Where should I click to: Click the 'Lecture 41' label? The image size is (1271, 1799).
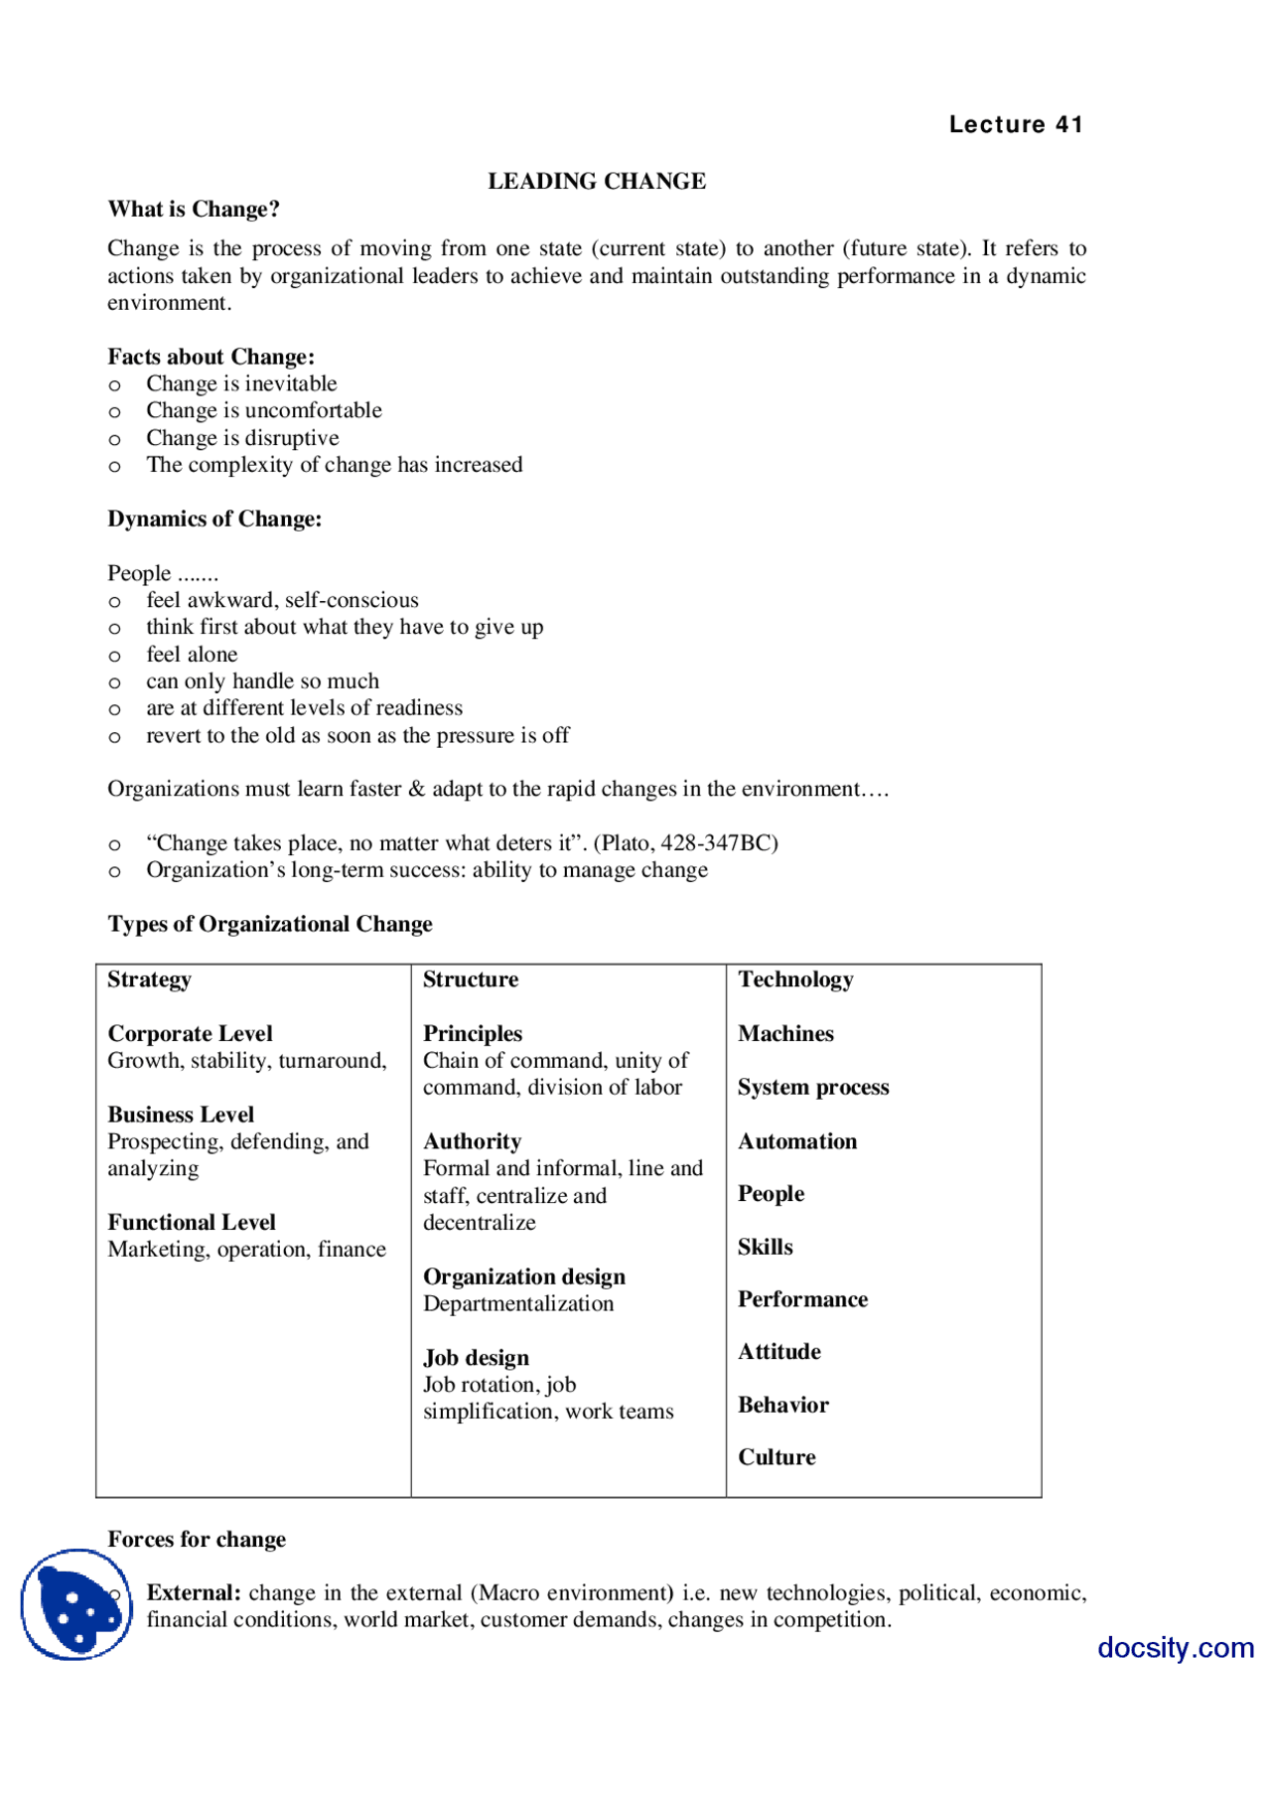1015,124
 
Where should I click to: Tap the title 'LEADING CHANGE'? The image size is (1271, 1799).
597,181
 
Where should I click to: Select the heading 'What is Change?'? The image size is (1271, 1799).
194,209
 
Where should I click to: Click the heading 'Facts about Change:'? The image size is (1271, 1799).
211,357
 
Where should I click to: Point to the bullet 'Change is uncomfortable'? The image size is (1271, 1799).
263,410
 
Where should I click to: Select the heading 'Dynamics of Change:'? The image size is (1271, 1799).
214,519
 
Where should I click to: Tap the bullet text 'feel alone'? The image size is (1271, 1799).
192,655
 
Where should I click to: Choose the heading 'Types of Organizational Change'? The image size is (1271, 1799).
270,924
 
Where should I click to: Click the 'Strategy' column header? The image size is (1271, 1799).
149,979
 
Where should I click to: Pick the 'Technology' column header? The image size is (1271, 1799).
795,979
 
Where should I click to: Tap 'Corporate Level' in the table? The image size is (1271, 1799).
190,1034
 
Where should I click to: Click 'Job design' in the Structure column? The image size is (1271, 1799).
476,1358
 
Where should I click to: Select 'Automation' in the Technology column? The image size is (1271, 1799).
797,1141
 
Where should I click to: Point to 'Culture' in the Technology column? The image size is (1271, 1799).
777,1457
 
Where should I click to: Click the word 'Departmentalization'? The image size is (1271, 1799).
518,1304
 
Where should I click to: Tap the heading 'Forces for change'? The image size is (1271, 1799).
197,1540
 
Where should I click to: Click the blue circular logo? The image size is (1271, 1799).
76,1604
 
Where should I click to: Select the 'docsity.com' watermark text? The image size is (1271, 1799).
1176,1648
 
